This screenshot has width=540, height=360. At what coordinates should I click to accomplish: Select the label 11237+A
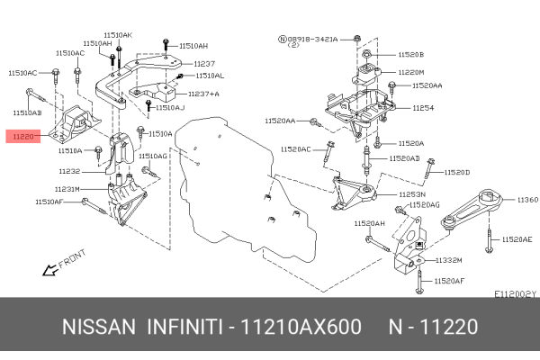coord(202,93)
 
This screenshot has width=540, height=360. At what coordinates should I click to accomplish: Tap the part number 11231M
coord(68,189)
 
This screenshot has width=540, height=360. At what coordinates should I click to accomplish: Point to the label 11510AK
coord(117,34)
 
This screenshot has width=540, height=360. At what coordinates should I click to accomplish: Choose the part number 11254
coord(423,108)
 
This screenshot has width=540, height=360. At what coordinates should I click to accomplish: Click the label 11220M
coord(411,72)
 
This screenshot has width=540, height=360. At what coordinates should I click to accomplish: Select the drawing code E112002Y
coord(515,293)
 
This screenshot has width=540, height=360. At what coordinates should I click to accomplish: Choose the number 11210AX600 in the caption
coord(302,326)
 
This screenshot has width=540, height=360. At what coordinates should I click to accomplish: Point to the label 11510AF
coord(49,203)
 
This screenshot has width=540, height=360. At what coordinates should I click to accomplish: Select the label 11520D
coord(457,171)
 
